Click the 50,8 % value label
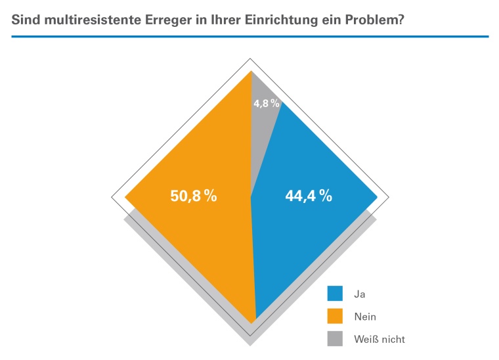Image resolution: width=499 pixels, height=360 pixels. (x=194, y=196)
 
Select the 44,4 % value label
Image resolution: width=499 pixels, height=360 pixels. (x=308, y=196)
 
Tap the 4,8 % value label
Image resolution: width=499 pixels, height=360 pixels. (x=267, y=103)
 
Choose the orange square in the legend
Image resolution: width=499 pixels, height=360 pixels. (x=335, y=316)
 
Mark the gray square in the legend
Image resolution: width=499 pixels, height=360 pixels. (x=335, y=338)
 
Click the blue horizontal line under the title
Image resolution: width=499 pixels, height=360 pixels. (x=249, y=37)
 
